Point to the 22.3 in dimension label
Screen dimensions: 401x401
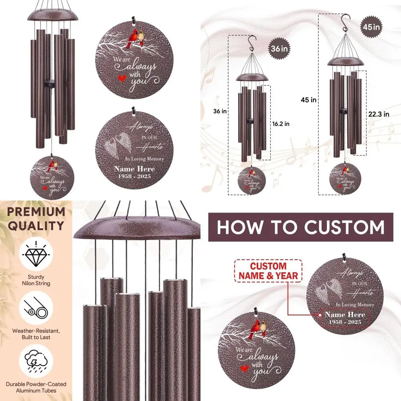coord(378,114)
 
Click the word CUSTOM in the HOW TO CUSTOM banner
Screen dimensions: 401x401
coord(344,227)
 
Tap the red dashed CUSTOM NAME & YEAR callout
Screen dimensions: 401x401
coord(268,271)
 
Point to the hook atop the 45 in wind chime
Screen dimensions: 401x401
coord(344,20)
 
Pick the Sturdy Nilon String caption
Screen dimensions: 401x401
coord(36,280)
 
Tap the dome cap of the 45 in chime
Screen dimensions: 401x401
coord(344,61)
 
